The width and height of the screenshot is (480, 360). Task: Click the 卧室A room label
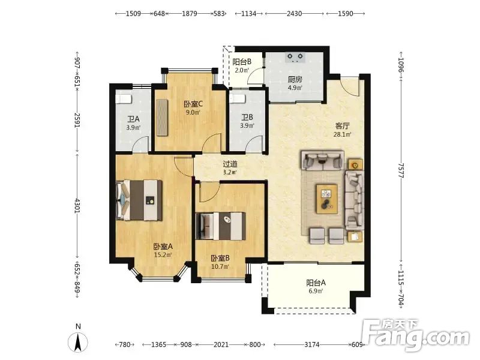pos(163,246)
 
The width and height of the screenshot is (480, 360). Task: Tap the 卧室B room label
pos(220,259)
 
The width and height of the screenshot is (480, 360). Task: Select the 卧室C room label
pos(193,104)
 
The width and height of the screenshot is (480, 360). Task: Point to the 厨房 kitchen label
pos(295,80)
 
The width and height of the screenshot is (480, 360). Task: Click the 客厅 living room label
pos(342,126)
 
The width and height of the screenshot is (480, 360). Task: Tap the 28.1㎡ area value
pos(342,134)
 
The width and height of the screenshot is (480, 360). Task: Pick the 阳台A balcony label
pos(316,283)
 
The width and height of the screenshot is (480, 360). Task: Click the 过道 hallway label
pos(230,164)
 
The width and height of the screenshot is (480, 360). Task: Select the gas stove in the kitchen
pos(295,58)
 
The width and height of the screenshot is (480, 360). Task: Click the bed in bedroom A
pos(139,200)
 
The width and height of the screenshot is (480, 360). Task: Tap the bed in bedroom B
pos(221,226)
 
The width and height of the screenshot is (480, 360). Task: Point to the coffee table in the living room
pos(327,199)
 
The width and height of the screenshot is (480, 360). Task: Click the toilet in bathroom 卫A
pos(124,99)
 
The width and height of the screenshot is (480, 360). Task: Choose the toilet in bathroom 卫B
pos(238,98)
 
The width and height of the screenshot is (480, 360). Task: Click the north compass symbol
pos(78,339)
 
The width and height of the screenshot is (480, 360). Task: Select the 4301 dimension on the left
pos(77,206)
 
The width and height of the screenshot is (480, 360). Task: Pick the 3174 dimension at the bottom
pos(311,344)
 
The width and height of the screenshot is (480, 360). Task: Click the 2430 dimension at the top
pos(294,13)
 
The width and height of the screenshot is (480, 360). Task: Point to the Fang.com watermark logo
pos(415,335)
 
